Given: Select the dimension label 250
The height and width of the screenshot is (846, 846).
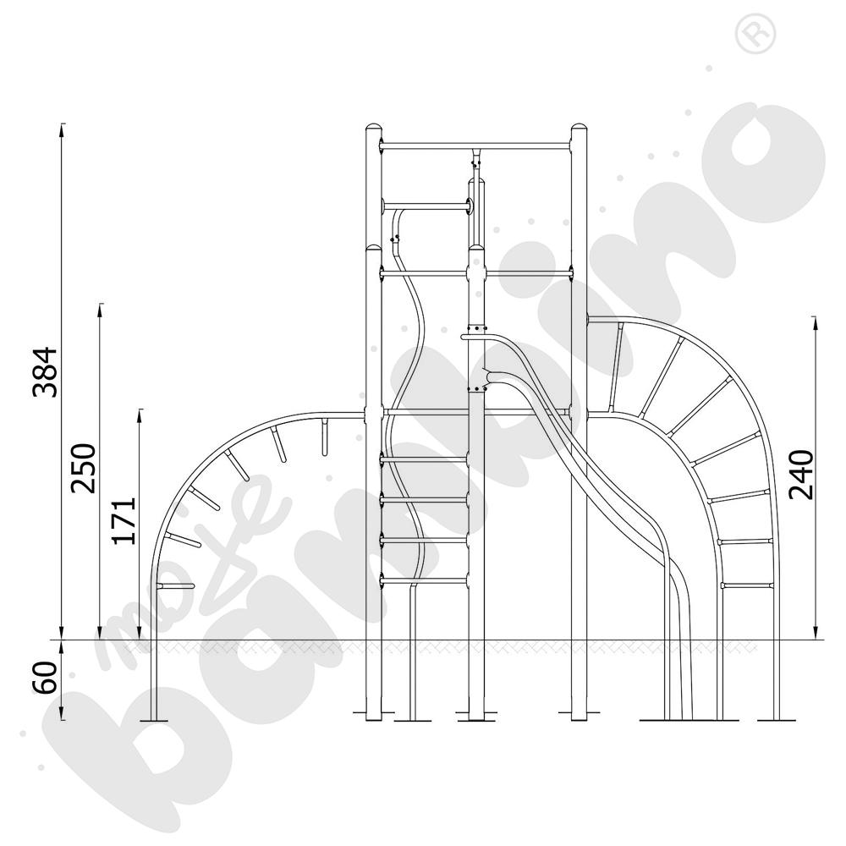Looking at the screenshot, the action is pos(84,469).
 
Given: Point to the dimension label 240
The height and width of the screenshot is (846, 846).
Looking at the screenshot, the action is pos(800,475).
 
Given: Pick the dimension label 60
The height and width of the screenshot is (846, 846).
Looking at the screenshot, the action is pos(45,677).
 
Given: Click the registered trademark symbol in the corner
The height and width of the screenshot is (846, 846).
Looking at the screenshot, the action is pos(755,33).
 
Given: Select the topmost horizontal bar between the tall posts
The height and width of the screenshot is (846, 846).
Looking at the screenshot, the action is pos(475,146).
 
